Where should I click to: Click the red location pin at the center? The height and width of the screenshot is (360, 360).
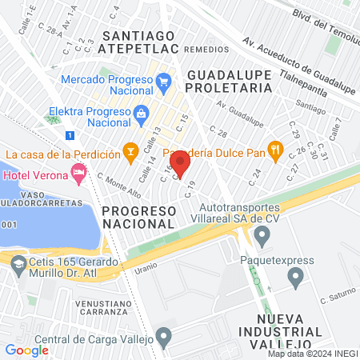[x=180, y=164]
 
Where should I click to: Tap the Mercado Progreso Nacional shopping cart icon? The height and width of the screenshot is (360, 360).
[x=164, y=81]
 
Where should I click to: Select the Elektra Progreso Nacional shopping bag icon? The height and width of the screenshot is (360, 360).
[x=142, y=113]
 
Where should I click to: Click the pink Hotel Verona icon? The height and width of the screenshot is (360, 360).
[x=78, y=172]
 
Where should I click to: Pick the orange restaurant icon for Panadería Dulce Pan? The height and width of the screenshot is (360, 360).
[x=276, y=150]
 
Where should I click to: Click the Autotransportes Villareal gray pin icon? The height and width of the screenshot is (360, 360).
[x=262, y=234]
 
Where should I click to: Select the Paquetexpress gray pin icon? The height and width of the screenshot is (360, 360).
[x=295, y=278]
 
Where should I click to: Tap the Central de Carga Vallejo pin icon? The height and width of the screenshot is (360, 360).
[x=164, y=337]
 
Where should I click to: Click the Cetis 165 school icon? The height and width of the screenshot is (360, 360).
[x=15, y=260]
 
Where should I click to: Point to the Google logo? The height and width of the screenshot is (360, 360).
[x=26, y=350]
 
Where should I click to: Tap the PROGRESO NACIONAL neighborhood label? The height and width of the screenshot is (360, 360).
[x=138, y=215]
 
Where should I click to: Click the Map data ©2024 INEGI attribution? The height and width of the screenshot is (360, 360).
[x=311, y=354]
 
